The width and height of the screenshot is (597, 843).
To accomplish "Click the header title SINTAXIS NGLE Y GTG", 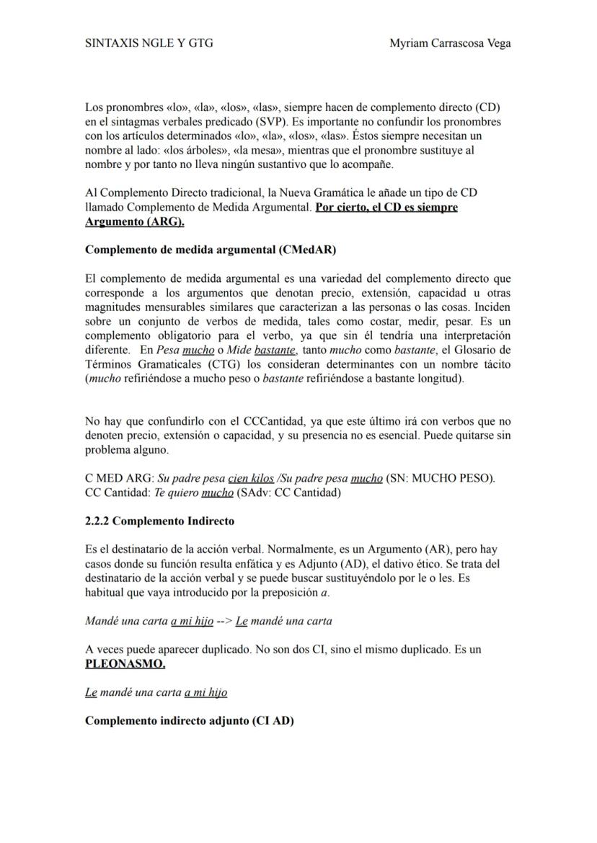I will (149, 43).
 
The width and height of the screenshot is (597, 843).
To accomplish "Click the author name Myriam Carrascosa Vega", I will (450, 43).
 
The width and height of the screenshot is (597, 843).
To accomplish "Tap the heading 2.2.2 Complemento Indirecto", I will (159, 520).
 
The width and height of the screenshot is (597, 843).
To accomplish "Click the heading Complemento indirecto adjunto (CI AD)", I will (190, 720).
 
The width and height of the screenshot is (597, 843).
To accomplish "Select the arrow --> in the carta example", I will (226, 620).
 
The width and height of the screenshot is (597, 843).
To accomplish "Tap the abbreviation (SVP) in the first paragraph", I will (264, 122).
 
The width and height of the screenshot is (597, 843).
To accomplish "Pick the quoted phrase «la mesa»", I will (275, 150).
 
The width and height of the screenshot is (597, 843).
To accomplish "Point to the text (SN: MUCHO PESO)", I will (441, 478).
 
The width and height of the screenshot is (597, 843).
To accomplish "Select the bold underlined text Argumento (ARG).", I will (135, 221).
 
